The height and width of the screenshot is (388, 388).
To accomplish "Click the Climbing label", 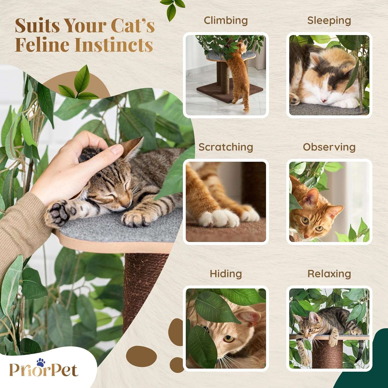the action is [226, 21].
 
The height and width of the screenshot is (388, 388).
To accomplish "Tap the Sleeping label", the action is [329, 21].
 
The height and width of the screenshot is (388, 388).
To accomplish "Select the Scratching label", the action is [226, 147].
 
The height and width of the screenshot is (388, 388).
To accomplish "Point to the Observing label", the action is [329, 147].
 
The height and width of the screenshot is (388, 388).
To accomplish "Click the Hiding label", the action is [226, 274].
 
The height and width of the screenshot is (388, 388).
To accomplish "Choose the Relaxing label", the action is [329, 273].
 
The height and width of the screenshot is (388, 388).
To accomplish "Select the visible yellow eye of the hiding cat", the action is [228, 339].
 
